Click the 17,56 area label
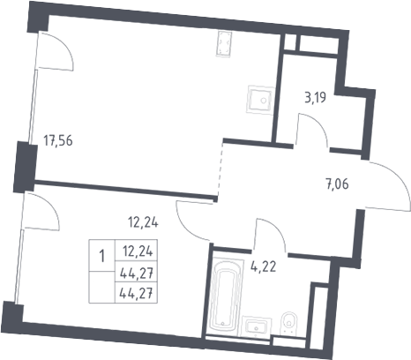(x=58, y=140)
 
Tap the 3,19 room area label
(x=316, y=98)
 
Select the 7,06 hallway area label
(x=337, y=184)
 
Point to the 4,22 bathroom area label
(x=264, y=267)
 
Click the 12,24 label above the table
(x=143, y=222)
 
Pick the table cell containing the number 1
(x=101, y=255)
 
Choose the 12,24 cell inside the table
(x=136, y=251)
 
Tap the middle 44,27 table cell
(x=136, y=272)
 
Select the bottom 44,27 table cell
(x=136, y=293)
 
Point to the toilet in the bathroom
(x=289, y=323)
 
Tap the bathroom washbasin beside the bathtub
(x=257, y=326)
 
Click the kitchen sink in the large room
(x=261, y=100)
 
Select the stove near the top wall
(x=224, y=44)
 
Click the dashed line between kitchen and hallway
(x=220, y=169)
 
